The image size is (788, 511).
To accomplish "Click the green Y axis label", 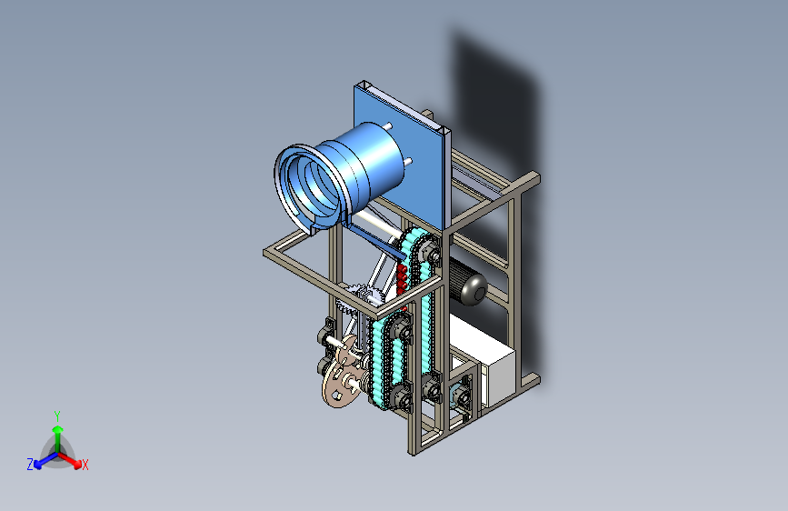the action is pos(57,416).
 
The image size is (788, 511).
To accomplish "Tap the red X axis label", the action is pos(85,465).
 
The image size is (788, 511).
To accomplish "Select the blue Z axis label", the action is pos(30,465).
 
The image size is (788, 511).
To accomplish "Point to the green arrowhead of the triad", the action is pos(58,429).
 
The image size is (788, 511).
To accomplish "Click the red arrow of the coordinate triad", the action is pos(69,460).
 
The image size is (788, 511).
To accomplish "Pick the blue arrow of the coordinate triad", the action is pos(45,460).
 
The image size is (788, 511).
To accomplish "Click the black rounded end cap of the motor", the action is pos(474,290).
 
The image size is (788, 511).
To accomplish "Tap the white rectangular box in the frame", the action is pos(483,360).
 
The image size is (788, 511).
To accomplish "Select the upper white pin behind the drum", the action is pos(387,125).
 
